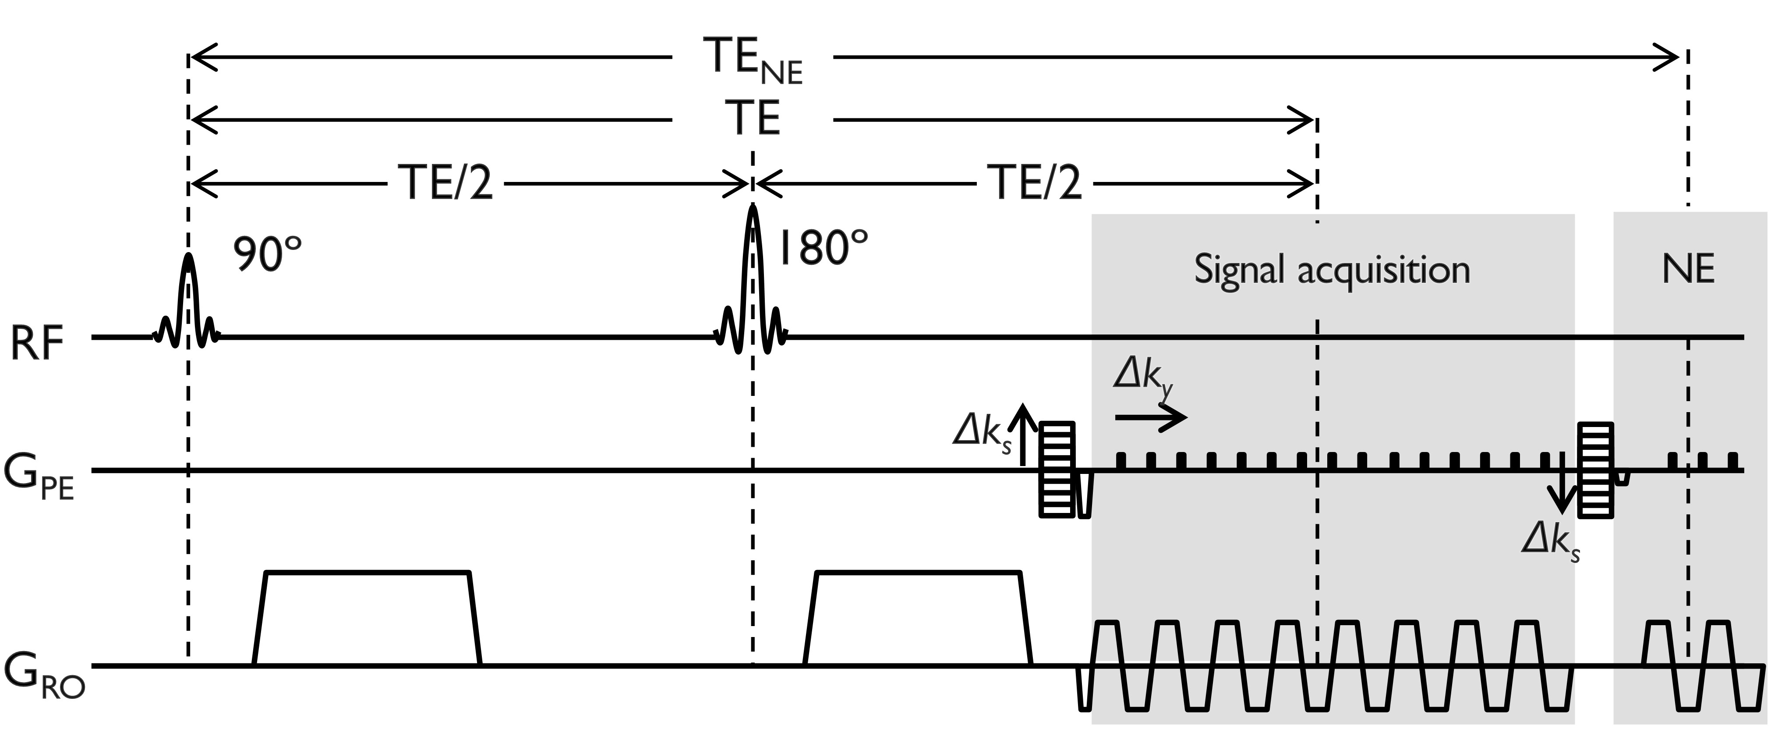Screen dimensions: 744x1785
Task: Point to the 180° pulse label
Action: point(823,248)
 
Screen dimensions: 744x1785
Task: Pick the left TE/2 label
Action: point(447,184)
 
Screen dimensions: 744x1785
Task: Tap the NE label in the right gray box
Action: point(1688,269)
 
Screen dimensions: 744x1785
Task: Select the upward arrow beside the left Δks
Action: point(1023,433)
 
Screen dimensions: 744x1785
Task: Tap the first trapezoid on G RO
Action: point(367,617)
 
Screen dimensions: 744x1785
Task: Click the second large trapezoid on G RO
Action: point(918,617)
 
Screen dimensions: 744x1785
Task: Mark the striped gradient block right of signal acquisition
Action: point(1595,470)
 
